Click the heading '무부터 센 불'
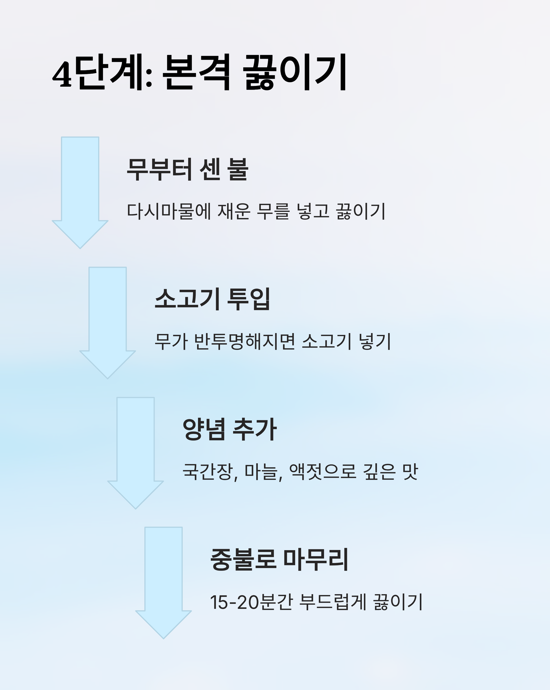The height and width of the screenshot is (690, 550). pyautogui.click(x=187, y=170)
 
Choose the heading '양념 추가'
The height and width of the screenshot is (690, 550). pyautogui.click(x=229, y=430)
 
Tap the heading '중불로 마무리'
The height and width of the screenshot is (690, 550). pyautogui.click(x=279, y=560)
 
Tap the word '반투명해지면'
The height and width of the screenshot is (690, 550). pyautogui.click(x=245, y=342)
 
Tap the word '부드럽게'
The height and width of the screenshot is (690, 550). pyautogui.click(x=333, y=602)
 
